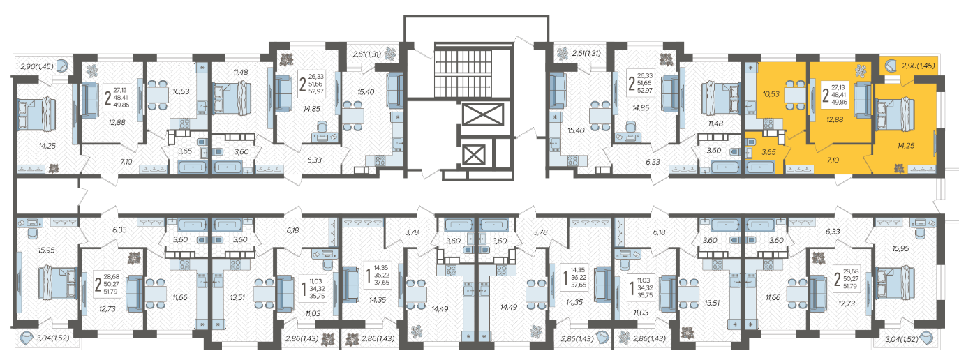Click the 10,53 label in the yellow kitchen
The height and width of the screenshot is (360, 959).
[771, 94]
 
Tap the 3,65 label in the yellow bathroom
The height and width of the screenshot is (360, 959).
[769, 152]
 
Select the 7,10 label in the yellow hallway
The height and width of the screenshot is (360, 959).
[833, 160]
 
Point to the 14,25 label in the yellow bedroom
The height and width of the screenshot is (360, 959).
[906, 146]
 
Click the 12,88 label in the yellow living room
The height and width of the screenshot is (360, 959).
[835, 120]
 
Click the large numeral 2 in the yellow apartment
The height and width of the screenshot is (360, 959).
[826, 95]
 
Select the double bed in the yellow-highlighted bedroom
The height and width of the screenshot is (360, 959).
[895, 114]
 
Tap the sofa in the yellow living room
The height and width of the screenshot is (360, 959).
[862, 99]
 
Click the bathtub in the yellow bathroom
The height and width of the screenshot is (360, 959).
[759, 167]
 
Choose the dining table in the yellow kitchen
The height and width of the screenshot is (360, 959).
[795, 95]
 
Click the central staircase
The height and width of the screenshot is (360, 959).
[473, 70]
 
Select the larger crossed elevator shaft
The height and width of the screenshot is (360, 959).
[483, 114]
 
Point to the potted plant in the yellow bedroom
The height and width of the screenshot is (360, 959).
[899, 168]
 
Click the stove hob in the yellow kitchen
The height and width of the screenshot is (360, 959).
[768, 124]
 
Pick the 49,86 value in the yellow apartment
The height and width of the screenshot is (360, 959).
[839, 102]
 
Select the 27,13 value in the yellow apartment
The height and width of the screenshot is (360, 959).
[838, 88]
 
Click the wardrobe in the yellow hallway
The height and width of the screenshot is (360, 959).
[800, 170]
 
